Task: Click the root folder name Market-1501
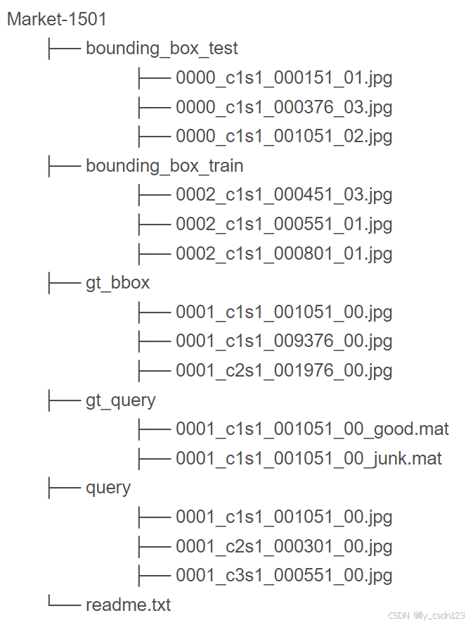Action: click(57, 19)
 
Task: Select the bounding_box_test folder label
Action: click(162, 49)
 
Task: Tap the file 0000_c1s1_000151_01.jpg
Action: click(284, 78)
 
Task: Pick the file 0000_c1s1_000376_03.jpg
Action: click(284, 108)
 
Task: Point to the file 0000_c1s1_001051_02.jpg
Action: click(284, 137)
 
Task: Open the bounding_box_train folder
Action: click(164, 166)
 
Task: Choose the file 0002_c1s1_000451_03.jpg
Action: click(284, 195)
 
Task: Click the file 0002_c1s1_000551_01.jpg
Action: click(284, 225)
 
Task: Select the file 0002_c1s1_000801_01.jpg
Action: click(284, 253)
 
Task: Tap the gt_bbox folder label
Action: click(118, 283)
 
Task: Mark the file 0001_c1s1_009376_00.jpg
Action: click(284, 341)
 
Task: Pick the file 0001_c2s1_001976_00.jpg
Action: click(284, 371)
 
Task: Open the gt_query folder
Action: click(121, 400)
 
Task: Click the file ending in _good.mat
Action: click(312, 429)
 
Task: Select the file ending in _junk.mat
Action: click(309, 459)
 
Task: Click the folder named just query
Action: click(108, 488)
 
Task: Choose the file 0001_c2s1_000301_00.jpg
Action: click(284, 547)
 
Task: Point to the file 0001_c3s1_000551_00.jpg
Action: click(284, 576)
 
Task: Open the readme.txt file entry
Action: click(129, 605)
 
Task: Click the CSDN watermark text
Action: click(427, 615)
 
